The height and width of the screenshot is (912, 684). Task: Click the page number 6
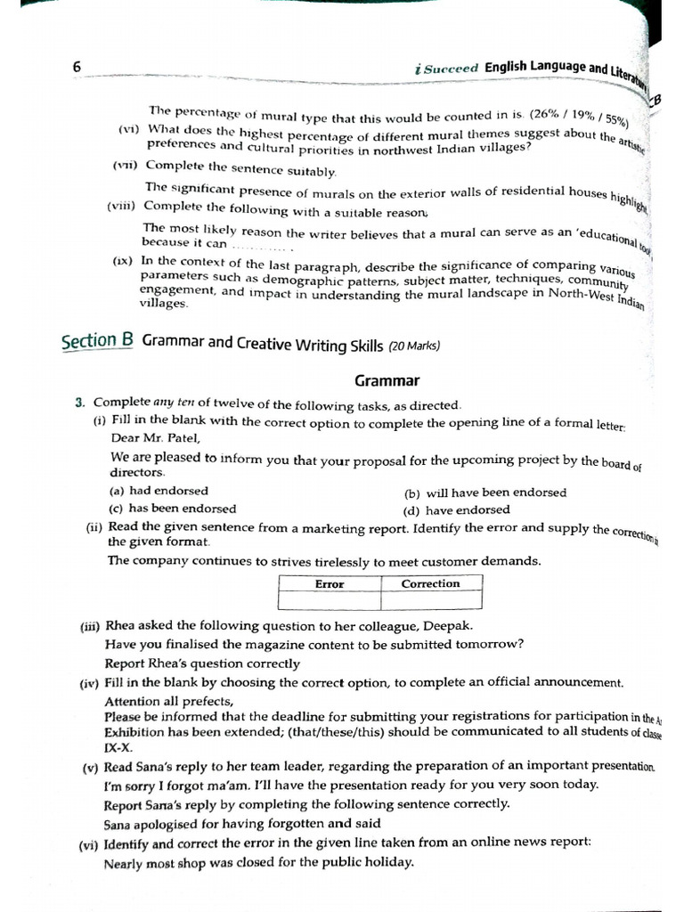click(x=77, y=68)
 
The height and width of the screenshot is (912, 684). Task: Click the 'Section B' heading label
click(x=97, y=341)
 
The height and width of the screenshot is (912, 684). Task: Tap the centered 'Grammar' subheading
click(x=387, y=380)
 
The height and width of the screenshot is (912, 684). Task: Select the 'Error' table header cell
click(x=330, y=584)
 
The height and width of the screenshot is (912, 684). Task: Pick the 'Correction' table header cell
click(x=431, y=584)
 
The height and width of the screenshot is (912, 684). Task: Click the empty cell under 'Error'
click(x=330, y=601)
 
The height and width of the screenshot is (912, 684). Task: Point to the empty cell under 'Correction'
click(x=431, y=601)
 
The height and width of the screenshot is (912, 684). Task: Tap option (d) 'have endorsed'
click(x=457, y=510)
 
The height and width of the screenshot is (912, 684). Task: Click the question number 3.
click(x=79, y=403)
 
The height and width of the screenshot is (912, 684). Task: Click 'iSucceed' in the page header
click(x=448, y=68)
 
